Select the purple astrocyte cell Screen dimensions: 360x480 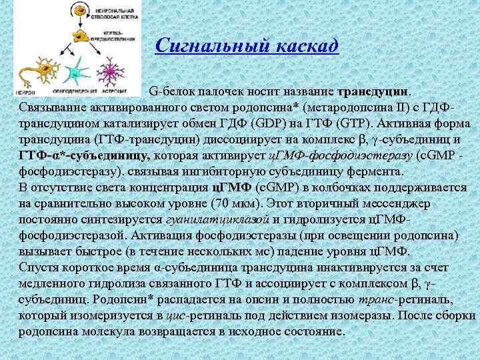109,69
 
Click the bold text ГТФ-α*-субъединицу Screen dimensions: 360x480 83,155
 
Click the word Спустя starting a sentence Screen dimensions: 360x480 39,267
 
